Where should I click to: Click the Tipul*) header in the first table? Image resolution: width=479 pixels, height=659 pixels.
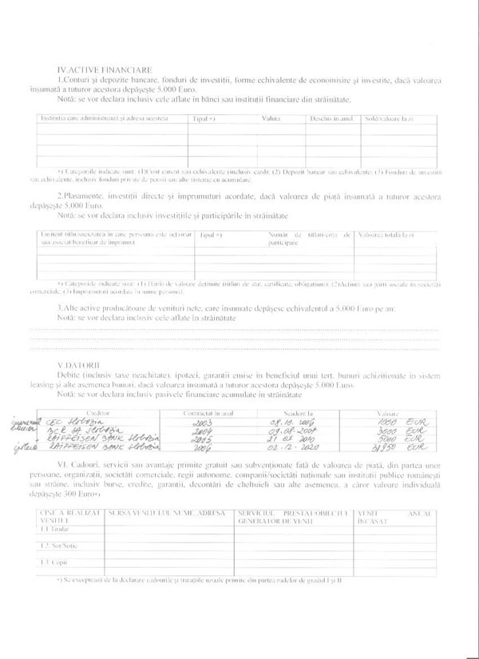(x=204, y=118)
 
